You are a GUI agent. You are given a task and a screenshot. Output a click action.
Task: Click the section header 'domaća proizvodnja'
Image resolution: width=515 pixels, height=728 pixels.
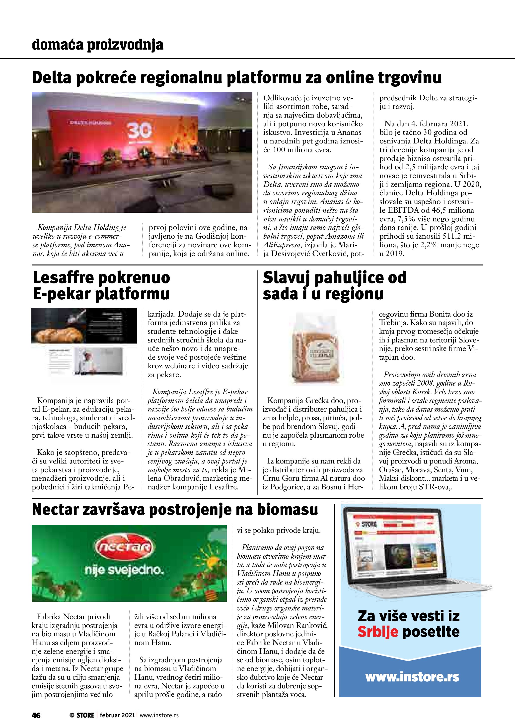point(98,45)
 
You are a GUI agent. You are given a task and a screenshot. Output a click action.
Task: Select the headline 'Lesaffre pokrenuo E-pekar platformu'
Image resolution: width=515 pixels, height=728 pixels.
point(101,286)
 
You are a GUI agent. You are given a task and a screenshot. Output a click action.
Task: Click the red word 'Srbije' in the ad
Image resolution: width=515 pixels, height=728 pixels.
point(378,632)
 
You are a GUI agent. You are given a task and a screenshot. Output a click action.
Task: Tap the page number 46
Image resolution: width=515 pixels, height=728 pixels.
point(36,715)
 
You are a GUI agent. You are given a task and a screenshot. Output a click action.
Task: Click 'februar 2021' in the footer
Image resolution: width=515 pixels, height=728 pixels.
point(117,715)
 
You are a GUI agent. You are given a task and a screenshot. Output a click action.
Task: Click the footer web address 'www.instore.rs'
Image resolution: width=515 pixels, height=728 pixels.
point(159,715)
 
